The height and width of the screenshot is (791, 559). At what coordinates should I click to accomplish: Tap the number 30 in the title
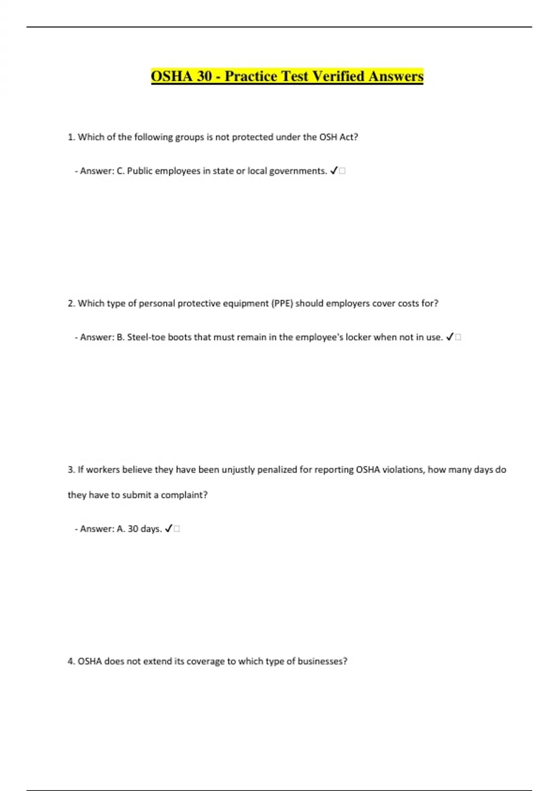click(x=204, y=76)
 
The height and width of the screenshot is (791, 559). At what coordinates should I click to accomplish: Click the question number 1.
click(x=71, y=137)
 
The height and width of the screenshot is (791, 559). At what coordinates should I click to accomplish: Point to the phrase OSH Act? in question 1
click(x=339, y=137)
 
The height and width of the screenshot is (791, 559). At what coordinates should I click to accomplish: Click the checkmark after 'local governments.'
click(x=334, y=171)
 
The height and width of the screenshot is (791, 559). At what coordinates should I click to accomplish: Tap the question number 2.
click(x=71, y=303)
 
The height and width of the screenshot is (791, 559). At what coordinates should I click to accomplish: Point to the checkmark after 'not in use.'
click(x=450, y=337)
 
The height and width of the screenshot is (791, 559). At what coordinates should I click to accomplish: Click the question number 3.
click(x=71, y=470)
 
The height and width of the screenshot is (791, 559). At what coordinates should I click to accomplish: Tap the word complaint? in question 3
click(x=184, y=495)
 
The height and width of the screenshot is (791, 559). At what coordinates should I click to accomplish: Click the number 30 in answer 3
click(x=133, y=529)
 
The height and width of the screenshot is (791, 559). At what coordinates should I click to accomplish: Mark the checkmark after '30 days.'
click(x=169, y=529)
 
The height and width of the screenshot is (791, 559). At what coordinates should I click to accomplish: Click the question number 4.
click(x=71, y=662)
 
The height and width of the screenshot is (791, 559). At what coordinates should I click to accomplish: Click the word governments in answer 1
click(x=298, y=171)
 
